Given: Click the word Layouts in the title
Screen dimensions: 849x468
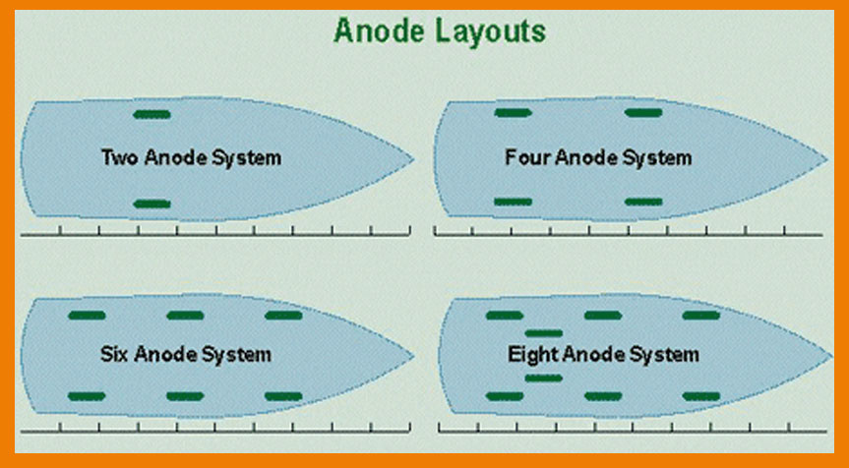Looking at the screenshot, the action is click(x=491, y=31).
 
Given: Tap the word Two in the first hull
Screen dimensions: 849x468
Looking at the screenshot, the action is click(x=120, y=158).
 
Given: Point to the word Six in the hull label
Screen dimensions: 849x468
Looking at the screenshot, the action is click(x=114, y=354).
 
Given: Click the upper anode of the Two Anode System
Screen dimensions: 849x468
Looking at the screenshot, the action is click(x=152, y=114).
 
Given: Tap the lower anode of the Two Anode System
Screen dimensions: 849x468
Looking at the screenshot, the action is click(x=152, y=204).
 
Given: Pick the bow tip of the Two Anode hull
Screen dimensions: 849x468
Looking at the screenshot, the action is click(x=413, y=159).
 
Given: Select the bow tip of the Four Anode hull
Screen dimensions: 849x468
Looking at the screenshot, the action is click(x=827, y=159).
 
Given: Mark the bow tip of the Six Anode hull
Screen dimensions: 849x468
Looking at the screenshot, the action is click(x=413, y=356).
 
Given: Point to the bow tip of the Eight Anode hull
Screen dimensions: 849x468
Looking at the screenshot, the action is click(x=831, y=356).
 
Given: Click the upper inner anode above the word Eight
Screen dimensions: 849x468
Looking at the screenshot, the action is click(x=544, y=333).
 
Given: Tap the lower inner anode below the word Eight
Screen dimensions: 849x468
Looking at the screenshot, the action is click(x=544, y=378).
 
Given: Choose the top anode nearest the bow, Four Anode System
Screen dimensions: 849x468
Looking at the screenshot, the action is click(x=643, y=112).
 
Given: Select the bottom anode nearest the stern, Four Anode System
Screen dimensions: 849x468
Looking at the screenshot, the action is click(x=514, y=202).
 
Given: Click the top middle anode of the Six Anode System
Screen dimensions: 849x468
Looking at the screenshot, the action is click(x=185, y=316).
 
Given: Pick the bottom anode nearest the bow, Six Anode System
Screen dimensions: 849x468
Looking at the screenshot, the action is click(x=283, y=396).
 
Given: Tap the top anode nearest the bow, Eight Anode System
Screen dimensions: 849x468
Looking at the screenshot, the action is click(x=701, y=316).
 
